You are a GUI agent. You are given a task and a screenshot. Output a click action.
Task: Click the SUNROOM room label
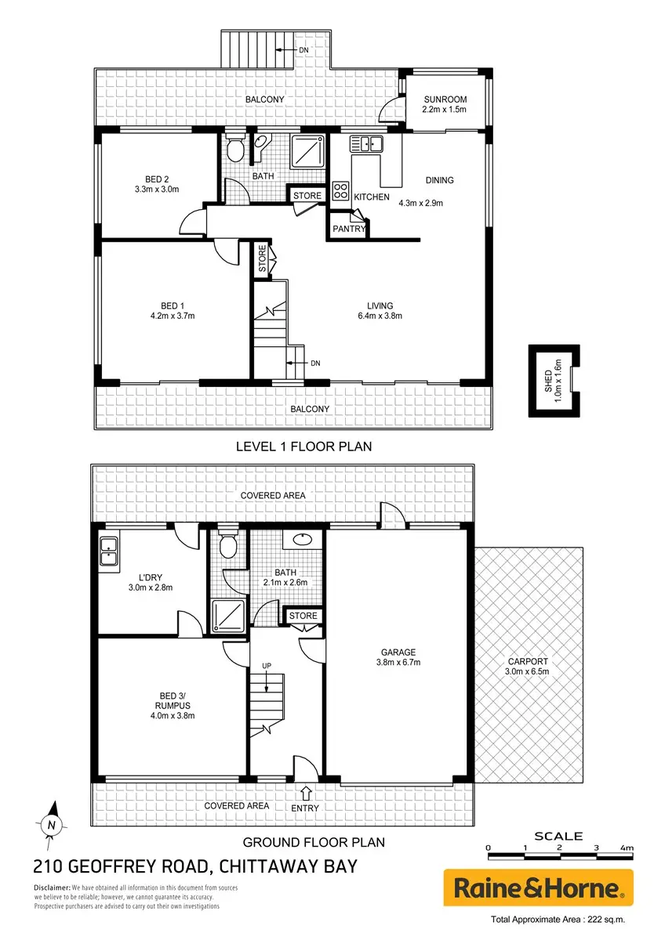click(445, 99)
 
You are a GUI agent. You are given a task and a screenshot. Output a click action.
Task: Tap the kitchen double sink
click(366, 143)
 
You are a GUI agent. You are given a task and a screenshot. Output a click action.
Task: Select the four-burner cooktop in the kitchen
click(340, 190)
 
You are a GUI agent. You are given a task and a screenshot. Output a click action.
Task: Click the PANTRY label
click(349, 229)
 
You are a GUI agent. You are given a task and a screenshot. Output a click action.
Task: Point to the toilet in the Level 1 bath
click(234, 146)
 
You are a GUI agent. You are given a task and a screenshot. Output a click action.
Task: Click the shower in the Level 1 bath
click(308, 151)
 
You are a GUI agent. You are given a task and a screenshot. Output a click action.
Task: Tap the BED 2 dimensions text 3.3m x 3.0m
click(157, 190)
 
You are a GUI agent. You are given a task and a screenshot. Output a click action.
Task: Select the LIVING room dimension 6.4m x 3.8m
click(380, 316)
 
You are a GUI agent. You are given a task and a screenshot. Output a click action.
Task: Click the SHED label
click(548, 381)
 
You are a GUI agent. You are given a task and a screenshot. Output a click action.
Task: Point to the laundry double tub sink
click(109, 551)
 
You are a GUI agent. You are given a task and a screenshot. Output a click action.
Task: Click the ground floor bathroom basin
click(302, 540)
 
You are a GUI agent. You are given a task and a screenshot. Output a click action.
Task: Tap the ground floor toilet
click(228, 543)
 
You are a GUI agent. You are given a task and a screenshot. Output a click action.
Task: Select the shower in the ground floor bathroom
click(228, 616)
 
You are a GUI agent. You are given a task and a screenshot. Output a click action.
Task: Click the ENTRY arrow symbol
click(305, 793)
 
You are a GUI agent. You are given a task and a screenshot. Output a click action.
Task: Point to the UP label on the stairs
click(267, 666)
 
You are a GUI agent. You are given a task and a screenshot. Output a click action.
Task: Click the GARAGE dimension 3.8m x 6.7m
click(398, 663)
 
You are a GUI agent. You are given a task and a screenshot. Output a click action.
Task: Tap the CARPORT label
click(528, 662)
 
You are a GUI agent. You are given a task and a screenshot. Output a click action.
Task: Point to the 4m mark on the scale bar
click(627, 848)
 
